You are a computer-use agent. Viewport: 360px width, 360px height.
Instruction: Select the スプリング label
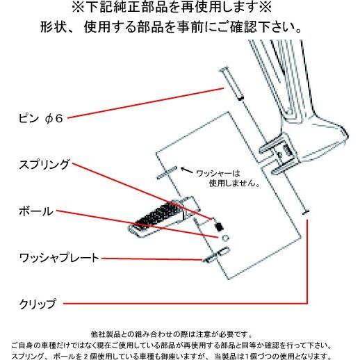(x=44, y=165)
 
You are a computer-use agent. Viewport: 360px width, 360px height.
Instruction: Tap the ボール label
(x=35, y=211)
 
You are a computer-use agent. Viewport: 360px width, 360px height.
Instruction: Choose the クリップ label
(x=39, y=303)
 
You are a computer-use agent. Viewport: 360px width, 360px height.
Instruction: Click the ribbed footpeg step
(x=163, y=215)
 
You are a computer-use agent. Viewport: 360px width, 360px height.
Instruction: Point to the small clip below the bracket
(x=306, y=211)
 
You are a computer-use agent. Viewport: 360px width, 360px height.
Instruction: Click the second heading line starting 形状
(x=181, y=30)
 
